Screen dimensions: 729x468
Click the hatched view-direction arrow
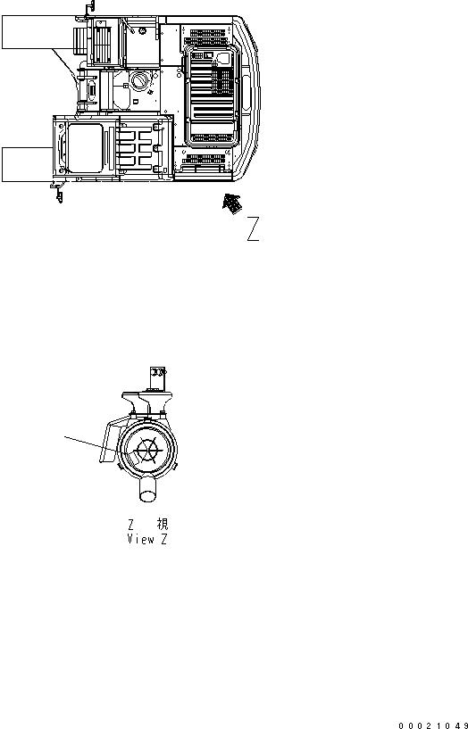tap(231, 203)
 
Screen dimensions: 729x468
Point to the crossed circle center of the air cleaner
tap(146, 451)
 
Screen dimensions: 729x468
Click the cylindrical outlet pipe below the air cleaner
tap(146, 492)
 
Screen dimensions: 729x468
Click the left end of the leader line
tap(65, 435)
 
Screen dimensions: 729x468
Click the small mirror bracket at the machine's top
tap(89, 8)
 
